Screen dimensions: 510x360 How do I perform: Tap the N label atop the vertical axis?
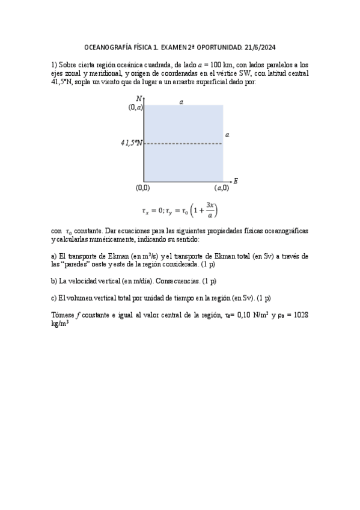(x=139, y=98)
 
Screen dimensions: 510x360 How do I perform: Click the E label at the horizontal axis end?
(x=236, y=180)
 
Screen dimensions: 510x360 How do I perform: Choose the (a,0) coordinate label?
(x=221, y=188)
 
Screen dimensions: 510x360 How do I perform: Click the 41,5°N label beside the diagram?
(x=132, y=143)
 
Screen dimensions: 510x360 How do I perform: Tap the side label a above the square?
(x=181, y=102)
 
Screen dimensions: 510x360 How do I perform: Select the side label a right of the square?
(x=227, y=135)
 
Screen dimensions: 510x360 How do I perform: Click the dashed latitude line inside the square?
(x=183, y=144)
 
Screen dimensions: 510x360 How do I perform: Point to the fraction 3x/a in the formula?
(x=210, y=209)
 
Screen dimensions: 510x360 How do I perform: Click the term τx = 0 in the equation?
(x=153, y=210)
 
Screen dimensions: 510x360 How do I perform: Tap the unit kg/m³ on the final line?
(x=59, y=323)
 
